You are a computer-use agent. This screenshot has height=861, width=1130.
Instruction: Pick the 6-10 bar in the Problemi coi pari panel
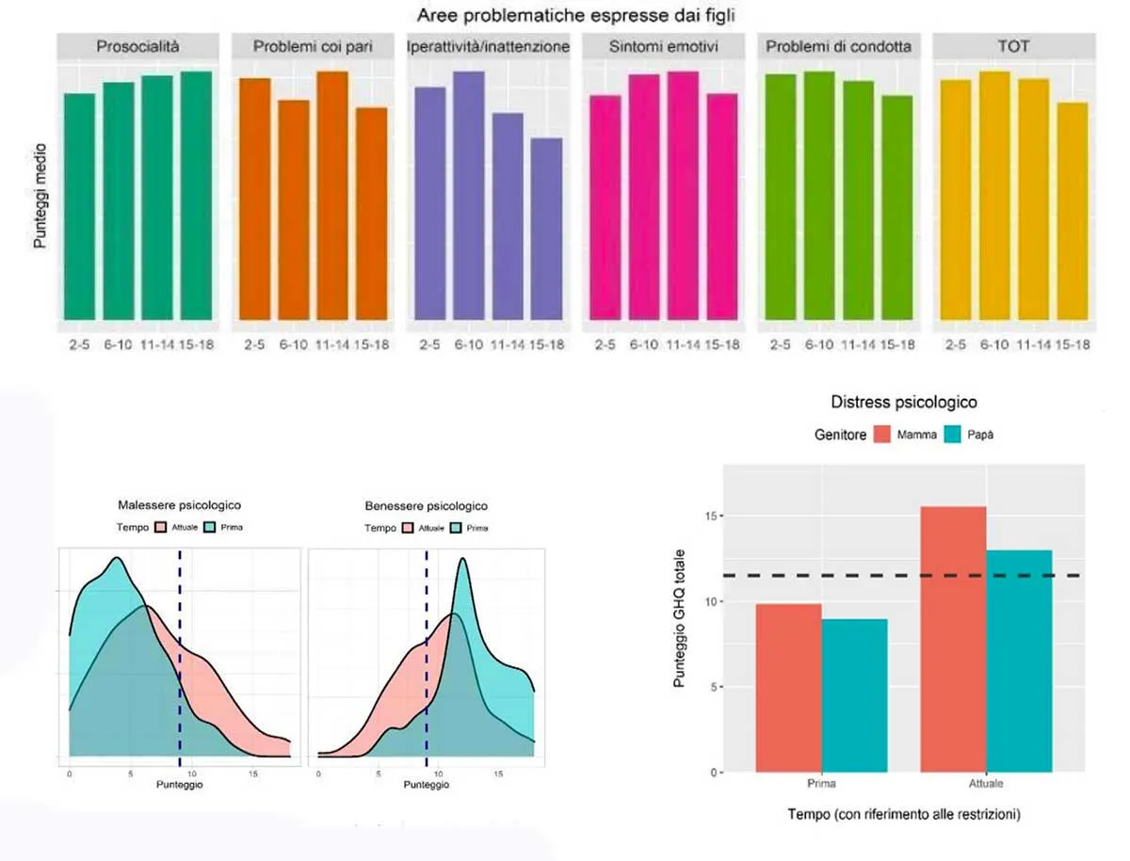(x=294, y=209)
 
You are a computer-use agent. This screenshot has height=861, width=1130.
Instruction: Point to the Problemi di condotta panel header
(x=838, y=46)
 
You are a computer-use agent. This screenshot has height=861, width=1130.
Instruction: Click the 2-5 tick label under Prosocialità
(x=79, y=345)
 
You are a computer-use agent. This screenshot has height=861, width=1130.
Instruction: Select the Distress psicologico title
(x=904, y=402)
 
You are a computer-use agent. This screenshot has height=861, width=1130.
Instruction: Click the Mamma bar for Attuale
(x=953, y=639)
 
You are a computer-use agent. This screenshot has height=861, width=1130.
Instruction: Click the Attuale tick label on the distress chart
(x=985, y=784)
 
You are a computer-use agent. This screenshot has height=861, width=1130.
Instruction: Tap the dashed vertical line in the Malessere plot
(x=179, y=659)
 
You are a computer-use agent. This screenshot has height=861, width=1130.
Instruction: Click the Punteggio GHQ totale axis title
(x=680, y=617)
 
